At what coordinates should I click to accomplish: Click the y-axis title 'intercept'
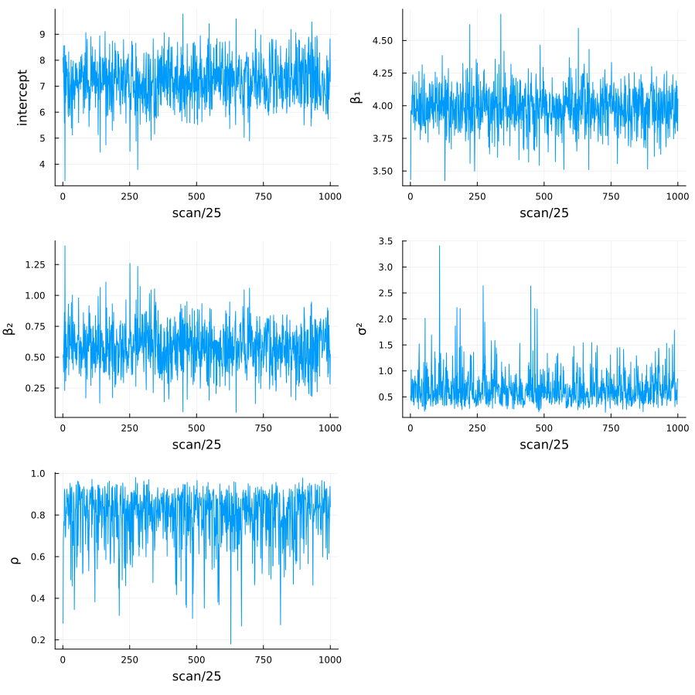(22, 97)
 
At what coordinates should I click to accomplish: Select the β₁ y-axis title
(356, 97)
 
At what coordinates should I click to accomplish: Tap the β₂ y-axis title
(9, 329)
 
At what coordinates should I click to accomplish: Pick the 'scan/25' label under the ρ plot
(196, 676)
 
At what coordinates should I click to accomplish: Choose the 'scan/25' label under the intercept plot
(196, 213)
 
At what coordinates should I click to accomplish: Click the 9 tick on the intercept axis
(43, 34)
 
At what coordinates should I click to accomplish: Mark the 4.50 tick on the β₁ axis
(383, 40)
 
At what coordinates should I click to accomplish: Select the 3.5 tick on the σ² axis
(387, 241)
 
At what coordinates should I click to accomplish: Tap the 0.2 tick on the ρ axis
(39, 640)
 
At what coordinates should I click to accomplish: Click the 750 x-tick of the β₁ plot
(611, 196)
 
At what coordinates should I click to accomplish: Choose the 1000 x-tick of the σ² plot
(677, 428)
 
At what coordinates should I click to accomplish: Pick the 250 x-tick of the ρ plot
(129, 660)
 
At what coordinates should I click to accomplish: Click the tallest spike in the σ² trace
(439, 247)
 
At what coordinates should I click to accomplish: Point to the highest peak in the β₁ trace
(500, 14)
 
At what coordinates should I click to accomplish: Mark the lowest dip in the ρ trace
(230, 643)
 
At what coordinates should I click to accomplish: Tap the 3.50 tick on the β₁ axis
(383, 171)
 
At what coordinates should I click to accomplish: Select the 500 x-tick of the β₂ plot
(196, 428)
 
